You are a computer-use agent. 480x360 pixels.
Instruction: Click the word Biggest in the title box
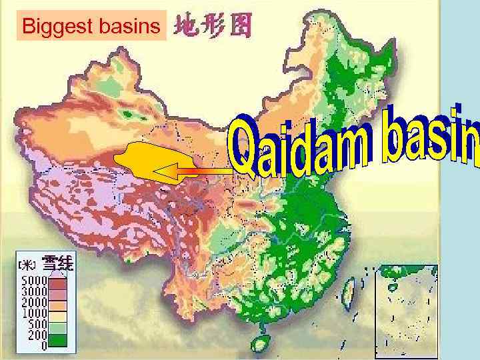tap(53, 27)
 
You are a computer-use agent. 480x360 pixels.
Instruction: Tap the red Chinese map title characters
tap(213, 27)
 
